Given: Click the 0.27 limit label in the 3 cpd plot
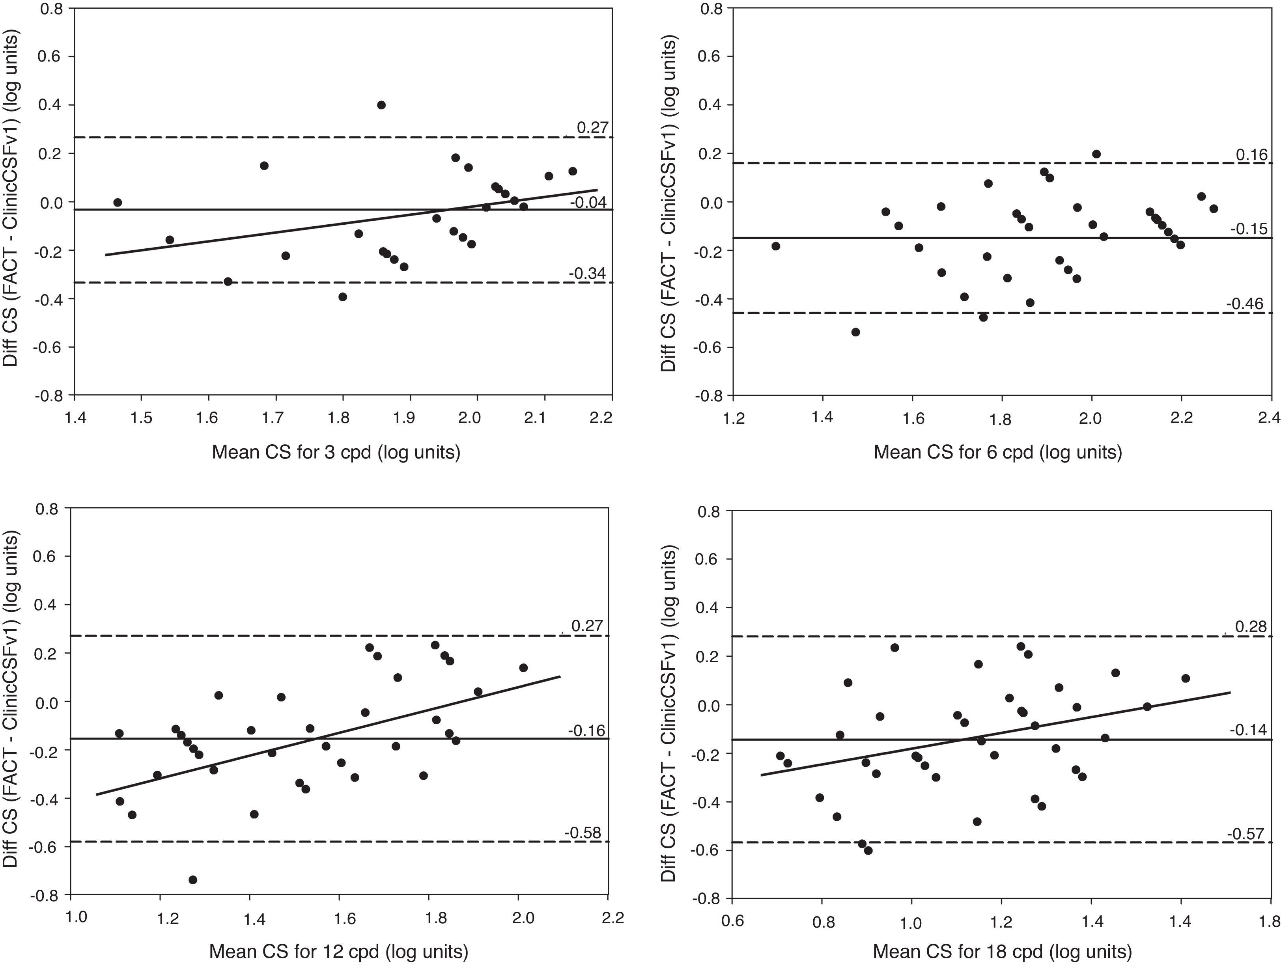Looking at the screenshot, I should pyautogui.click(x=591, y=128).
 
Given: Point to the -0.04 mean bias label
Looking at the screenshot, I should pyautogui.click(x=588, y=203).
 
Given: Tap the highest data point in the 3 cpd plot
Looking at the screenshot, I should pyautogui.click(x=381, y=105).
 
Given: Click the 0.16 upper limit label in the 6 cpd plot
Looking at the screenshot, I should pyautogui.click(x=1251, y=155).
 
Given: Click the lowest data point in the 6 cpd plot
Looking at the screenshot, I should pyautogui.click(x=855, y=332).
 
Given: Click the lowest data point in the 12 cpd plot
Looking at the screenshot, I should pyautogui.click(x=193, y=879).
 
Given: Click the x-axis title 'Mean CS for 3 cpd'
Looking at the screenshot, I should pyautogui.click(x=336, y=452).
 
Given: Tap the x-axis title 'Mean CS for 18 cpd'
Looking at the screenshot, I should pyautogui.click(x=1002, y=951).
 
